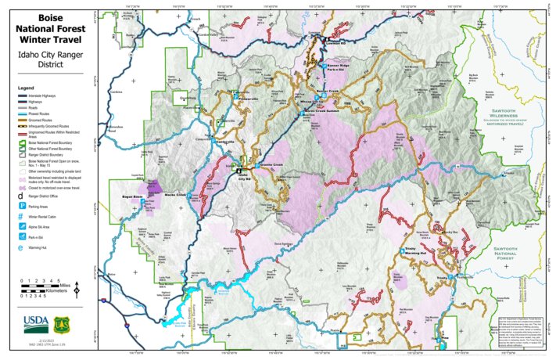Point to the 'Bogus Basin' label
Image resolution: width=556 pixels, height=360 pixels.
(132, 196)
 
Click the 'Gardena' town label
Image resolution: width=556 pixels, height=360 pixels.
(117, 92)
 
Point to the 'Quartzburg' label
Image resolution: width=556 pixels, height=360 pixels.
(188, 99)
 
